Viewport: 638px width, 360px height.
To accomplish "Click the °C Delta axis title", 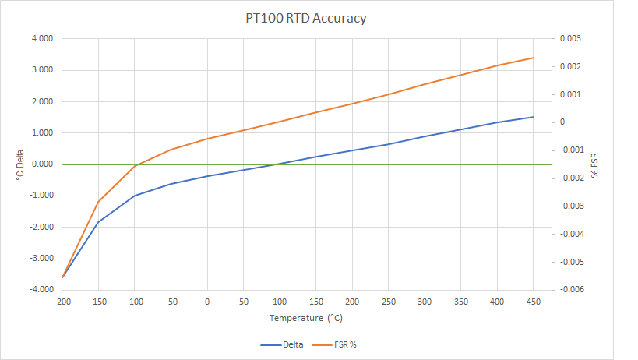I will point(19,164).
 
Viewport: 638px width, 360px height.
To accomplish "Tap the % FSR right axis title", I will point(594,164).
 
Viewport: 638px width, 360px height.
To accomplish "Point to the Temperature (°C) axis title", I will point(306,318).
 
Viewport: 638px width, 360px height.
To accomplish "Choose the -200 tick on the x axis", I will point(62,300).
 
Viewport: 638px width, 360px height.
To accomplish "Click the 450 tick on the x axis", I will point(534,300).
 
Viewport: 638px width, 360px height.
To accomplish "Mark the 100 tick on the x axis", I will point(280,300).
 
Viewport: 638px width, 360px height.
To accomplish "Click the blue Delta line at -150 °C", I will point(98,222).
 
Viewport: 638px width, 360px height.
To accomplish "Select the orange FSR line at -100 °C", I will point(135,166).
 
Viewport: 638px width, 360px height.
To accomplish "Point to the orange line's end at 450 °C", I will point(534,58).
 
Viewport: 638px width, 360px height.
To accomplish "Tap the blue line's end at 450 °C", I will point(534,117).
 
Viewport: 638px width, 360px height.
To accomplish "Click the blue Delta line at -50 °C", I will point(171,184).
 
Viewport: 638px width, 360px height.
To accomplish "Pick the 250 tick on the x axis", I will point(389,300).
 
